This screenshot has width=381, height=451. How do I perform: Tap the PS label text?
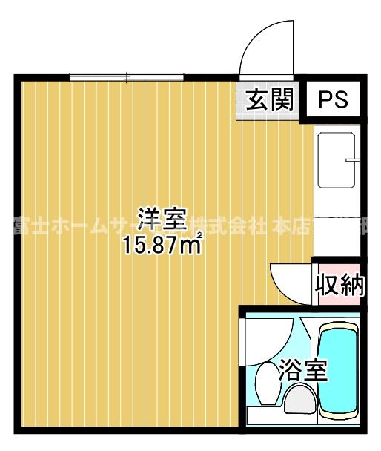tap(333, 100)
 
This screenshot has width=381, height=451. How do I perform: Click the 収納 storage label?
tap(339, 283)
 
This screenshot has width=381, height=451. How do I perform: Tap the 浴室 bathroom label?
tap(303, 370)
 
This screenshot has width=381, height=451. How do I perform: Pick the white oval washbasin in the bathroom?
tap(264, 383)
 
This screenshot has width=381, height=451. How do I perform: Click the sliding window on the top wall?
tap(127, 76)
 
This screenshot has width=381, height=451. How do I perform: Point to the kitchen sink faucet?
tap(353, 159)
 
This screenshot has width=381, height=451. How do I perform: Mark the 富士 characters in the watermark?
tap(27, 224)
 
